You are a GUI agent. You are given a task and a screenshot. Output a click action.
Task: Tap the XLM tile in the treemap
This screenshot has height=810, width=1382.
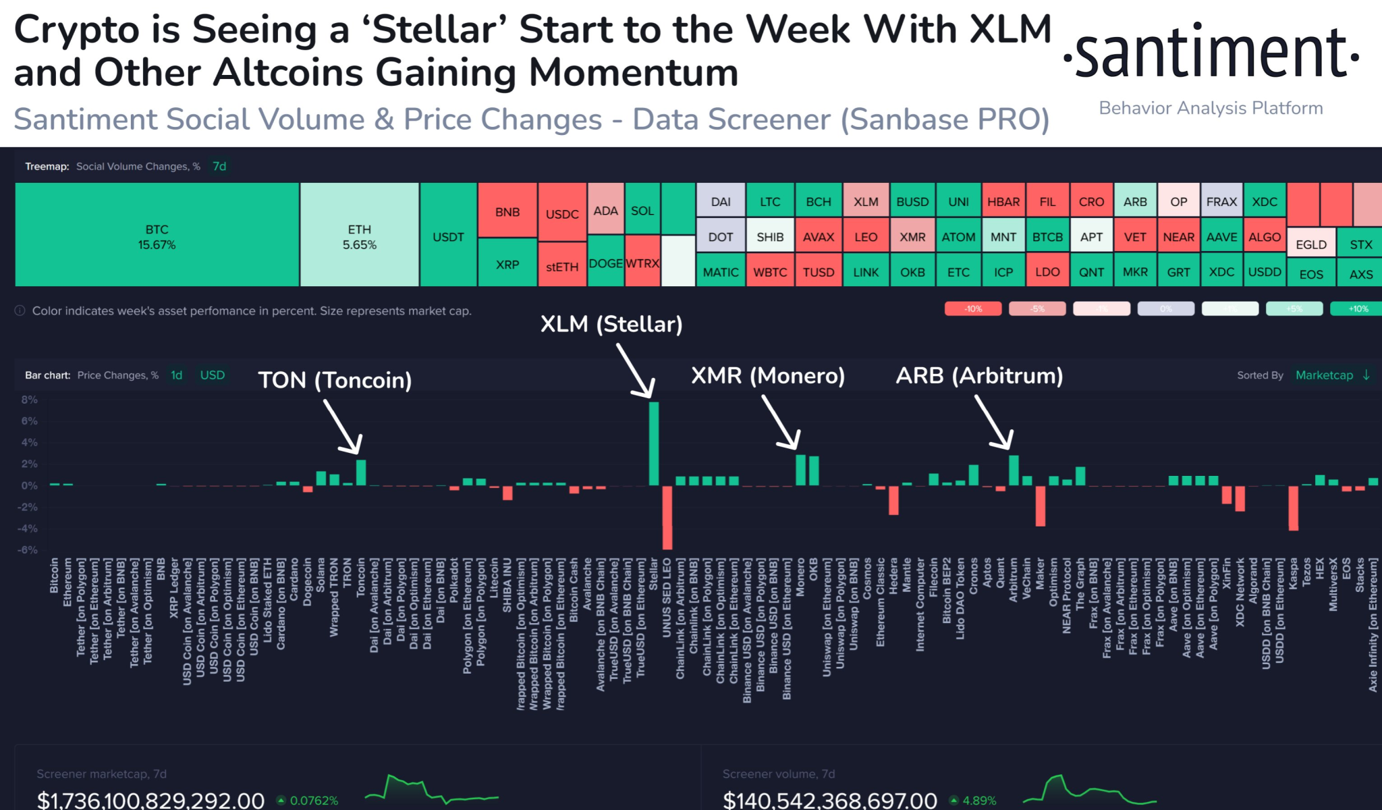pos(866,201)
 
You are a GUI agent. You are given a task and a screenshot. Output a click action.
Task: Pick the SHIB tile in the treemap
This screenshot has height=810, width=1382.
pos(770,237)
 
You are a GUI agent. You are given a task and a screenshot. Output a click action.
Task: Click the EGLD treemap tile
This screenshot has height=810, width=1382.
pos(1311,244)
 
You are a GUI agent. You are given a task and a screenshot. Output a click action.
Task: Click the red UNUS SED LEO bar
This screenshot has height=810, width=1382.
pos(667,518)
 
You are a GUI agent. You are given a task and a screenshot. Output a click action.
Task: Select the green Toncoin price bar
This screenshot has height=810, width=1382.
pos(361,473)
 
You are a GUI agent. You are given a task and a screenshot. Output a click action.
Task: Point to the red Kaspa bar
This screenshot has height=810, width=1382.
pos(1293,508)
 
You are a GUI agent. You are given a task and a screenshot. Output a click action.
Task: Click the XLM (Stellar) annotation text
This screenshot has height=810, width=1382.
pos(611,324)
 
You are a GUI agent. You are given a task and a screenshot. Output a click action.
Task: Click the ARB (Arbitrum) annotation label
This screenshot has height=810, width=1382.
pos(979,375)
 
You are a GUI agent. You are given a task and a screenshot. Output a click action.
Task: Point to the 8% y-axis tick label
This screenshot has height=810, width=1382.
pos(29,400)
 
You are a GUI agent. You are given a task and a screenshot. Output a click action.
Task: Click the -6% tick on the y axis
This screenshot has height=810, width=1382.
pos(28,549)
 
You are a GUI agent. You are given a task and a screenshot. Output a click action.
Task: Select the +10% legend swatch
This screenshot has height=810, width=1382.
pos(1358,308)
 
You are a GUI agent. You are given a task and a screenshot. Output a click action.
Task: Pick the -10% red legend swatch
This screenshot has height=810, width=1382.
pos(972,308)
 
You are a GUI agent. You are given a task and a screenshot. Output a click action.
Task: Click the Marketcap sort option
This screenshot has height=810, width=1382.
pos(1324,375)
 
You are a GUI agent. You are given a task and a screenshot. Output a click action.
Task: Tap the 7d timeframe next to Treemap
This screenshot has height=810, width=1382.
pos(219,166)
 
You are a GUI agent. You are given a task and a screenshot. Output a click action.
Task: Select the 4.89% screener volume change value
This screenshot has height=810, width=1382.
pos(979,801)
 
